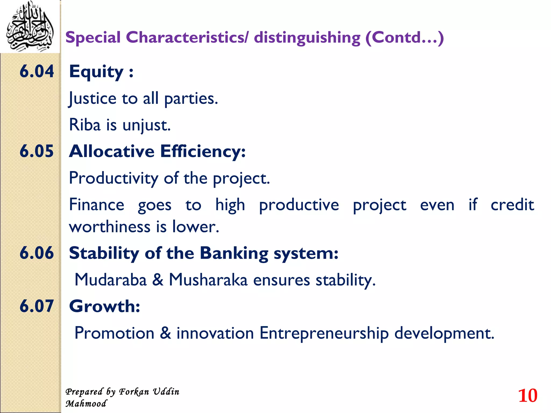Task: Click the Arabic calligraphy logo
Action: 30,27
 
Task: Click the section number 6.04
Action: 37,72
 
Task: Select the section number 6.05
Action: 37,151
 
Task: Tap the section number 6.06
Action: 37,253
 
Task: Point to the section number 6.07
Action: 37,306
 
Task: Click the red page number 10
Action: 528,396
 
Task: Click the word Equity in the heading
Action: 96,72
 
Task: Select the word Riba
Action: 84,125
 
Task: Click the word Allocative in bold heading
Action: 112,151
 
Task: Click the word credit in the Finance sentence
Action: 512,205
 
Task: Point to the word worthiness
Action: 109,227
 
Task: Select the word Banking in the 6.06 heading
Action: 234,253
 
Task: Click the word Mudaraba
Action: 111,280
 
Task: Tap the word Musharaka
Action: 208,280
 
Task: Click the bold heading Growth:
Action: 104,306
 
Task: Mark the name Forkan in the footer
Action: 134,392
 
